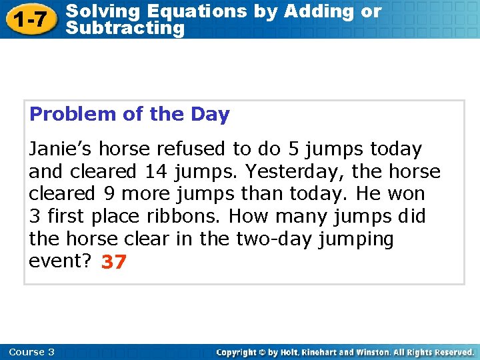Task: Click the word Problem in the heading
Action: tap(73, 115)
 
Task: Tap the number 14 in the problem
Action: tap(156, 172)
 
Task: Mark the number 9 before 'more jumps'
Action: tap(108, 195)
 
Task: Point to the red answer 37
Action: tap(113, 263)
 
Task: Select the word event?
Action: tap(60, 261)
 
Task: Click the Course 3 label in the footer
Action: tap(32, 352)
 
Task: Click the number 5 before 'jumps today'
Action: tap(293, 149)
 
